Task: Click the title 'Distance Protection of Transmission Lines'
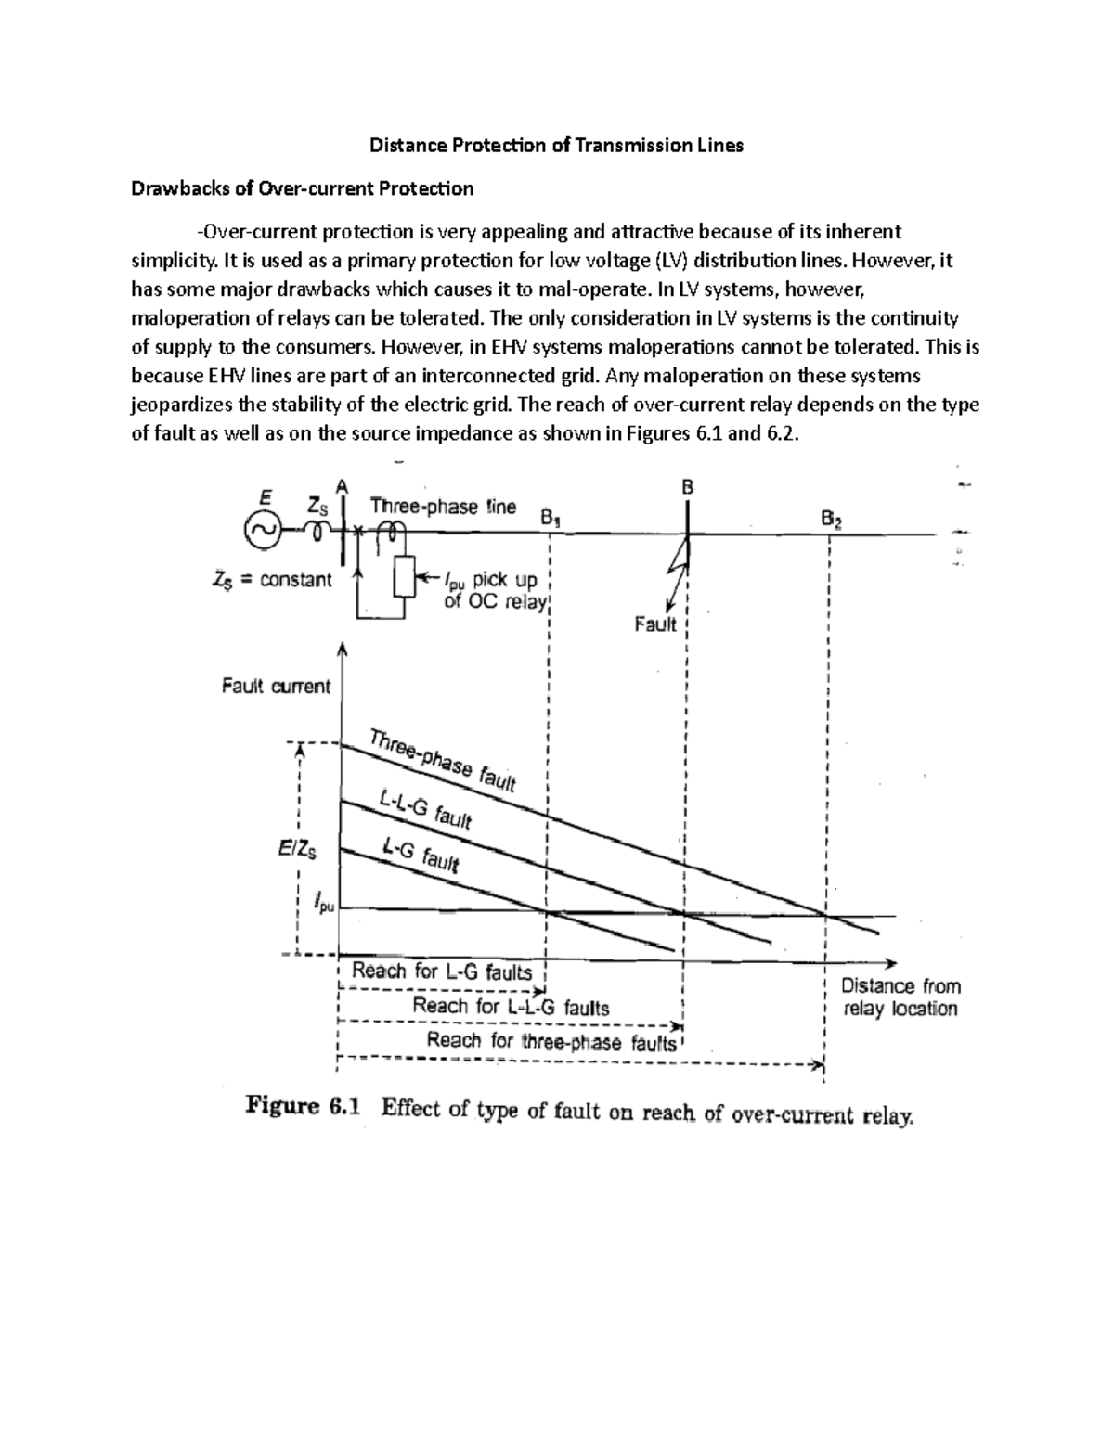coord(557,146)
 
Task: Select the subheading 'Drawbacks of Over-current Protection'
coord(302,189)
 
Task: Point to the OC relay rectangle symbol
coord(403,579)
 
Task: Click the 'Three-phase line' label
coord(443,507)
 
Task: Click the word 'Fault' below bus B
coord(655,624)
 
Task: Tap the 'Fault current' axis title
coord(276,687)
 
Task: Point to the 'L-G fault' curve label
coord(420,853)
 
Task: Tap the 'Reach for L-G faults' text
coord(442,971)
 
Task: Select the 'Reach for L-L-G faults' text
coord(511,1006)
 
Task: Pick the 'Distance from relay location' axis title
coord(900,997)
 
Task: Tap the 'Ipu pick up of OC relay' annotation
coord(490,590)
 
